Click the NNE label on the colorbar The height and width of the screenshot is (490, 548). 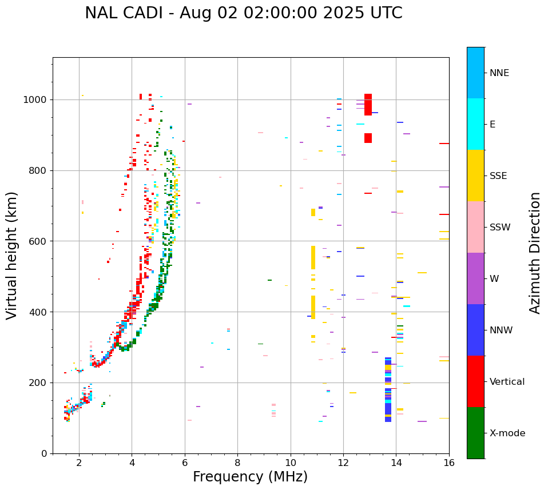[x=499, y=73]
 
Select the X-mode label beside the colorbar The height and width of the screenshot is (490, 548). [x=507, y=433]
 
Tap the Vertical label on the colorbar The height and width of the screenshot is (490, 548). [x=507, y=382]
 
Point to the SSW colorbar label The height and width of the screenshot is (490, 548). [x=500, y=228]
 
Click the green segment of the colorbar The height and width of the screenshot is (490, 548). [x=475, y=433]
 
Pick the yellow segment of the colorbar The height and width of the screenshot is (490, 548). [x=475, y=176]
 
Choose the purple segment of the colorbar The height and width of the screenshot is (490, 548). [x=475, y=278]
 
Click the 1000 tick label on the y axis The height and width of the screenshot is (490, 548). [x=36, y=99]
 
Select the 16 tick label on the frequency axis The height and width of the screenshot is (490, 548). [x=449, y=462]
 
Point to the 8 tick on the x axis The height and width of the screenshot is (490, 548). [x=237, y=462]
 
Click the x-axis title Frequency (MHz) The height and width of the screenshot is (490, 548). [x=250, y=477]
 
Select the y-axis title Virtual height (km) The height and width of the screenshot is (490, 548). [x=12, y=256]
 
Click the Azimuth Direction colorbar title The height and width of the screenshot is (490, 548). [x=535, y=253]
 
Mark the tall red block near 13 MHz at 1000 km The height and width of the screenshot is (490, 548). [x=368, y=105]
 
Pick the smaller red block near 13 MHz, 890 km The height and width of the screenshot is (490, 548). [x=368, y=138]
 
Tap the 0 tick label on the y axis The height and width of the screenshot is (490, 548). [x=44, y=453]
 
